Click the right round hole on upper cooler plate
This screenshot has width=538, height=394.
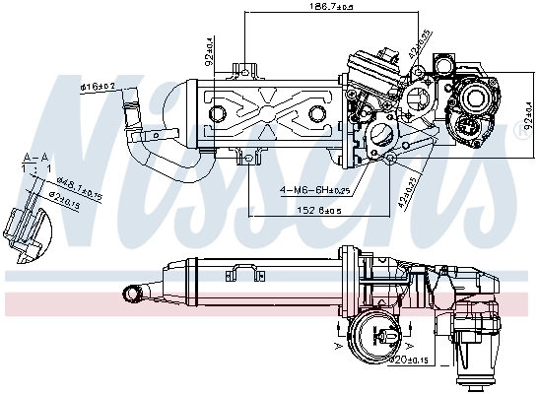(316, 114)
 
